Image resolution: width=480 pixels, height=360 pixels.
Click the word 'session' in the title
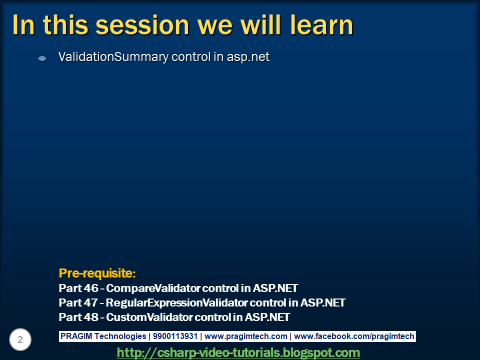point(135,25)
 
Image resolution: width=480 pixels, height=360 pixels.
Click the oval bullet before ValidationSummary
point(42,58)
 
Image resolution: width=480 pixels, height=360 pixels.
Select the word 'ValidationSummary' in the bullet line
point(113,57)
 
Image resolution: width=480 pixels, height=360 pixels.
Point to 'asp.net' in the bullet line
point(248,57)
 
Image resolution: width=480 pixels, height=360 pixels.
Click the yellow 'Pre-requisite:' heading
point(97,273)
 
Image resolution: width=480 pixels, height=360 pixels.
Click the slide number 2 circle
point(20,340)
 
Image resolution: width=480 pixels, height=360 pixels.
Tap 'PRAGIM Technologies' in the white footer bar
point(103,336)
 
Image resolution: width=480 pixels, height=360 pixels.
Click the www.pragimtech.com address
point(246,336)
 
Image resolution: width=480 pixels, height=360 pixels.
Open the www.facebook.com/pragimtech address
point(354,336)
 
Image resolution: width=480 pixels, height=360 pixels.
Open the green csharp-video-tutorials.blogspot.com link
point(238,352)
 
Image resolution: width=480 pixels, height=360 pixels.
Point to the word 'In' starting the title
point(23,25)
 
